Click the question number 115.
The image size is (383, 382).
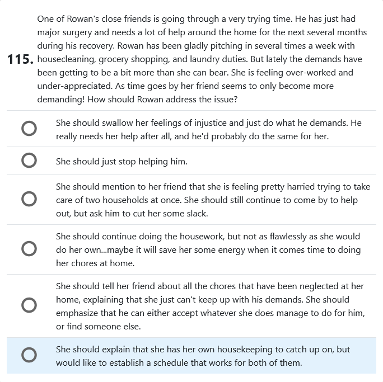(20, 60)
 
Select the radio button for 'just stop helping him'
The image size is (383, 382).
(29, 161)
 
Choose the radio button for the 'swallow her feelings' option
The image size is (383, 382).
(29, 129)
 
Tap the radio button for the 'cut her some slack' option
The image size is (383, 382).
(29, 200)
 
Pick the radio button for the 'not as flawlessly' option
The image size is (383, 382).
(29, 249)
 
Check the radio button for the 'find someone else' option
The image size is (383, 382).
(29, 305)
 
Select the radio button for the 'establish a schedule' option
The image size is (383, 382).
(29, 356)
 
